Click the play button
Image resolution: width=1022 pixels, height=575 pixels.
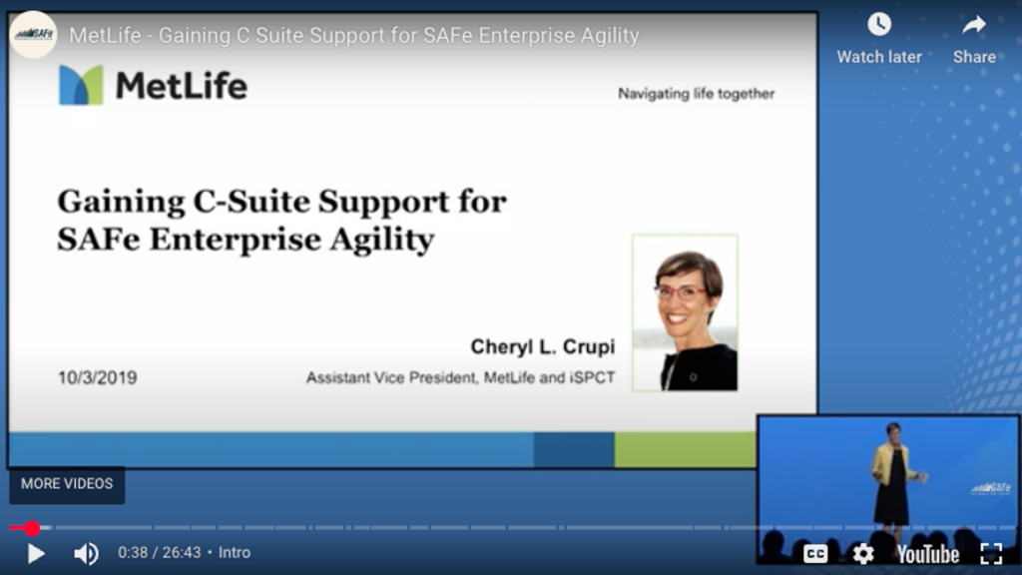click(36, 553)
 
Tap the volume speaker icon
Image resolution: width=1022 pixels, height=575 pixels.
click(86, 553)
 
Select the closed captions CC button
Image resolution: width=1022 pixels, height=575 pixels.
click(815, 554)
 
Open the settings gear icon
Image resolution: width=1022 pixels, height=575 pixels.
click(863, 554)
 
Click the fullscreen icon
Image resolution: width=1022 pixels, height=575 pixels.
click(991, 554)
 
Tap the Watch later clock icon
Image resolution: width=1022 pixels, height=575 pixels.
click(879, 25)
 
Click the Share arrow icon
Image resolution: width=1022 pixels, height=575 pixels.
click(974, 25)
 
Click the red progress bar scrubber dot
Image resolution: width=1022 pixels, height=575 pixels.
click(31, 528)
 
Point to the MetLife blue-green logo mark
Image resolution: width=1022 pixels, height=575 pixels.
click(81, 85)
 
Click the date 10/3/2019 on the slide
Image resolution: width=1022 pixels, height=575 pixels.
click(97, 377)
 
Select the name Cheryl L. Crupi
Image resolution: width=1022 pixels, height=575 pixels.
click(542, 346)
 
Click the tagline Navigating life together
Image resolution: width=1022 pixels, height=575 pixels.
click(696, 94)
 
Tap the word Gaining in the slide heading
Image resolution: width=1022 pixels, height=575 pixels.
click(121, 203)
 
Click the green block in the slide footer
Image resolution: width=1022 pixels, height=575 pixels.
click(685, 450)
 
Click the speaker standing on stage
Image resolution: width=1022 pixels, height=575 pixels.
click(894, 474)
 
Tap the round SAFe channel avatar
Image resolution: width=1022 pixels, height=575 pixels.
click(34, 35)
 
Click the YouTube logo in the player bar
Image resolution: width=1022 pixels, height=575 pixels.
click(927, 555)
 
